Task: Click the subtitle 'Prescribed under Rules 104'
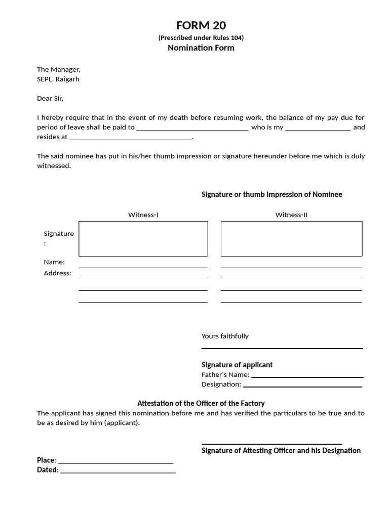[x=201, y=37]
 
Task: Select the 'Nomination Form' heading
[x=201, y=48]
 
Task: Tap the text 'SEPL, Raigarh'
[x=58, y=79]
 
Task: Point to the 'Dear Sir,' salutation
[x=50, y=98]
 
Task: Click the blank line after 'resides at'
[x=131, y=138]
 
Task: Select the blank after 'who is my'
[x=318, y=128]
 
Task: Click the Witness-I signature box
[x=143, y=239]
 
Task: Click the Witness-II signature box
[x=291, y=239]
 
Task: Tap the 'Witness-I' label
[x=143, y=215]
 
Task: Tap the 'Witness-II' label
[x=291, y=215]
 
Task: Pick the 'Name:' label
[x=54, y=262]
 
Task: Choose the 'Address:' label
[x=58, y=273]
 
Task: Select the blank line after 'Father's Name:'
[x=307, y=376]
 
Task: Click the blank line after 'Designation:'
[x=302, y=385]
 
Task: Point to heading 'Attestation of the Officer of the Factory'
[x=201, y=403]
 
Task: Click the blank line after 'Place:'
[x=115, y=461]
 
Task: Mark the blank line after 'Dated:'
[x=118, y=471]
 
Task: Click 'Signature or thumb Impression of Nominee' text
[x=272, y=194]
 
